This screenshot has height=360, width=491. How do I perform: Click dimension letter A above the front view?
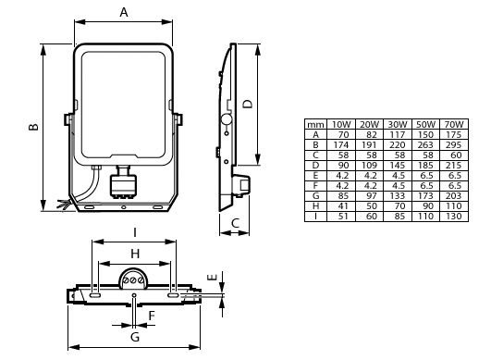(124, 12)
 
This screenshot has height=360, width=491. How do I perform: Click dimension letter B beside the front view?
(32, 128)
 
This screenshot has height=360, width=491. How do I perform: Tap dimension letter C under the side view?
(236, 223)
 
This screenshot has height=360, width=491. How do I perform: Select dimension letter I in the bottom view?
(135, 230)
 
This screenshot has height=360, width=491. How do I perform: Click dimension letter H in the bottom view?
(134, 253)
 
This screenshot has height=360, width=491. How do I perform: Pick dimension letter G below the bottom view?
(135, 339)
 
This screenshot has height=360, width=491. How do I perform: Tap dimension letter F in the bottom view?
(153, 315)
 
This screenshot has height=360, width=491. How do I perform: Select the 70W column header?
(453, 124)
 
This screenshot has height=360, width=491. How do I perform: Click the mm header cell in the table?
(316, 124)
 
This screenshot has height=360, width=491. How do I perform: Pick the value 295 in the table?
(453, 144)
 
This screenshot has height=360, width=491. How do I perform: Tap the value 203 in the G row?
(453, 194)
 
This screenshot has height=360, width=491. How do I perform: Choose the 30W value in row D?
(398, 164)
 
